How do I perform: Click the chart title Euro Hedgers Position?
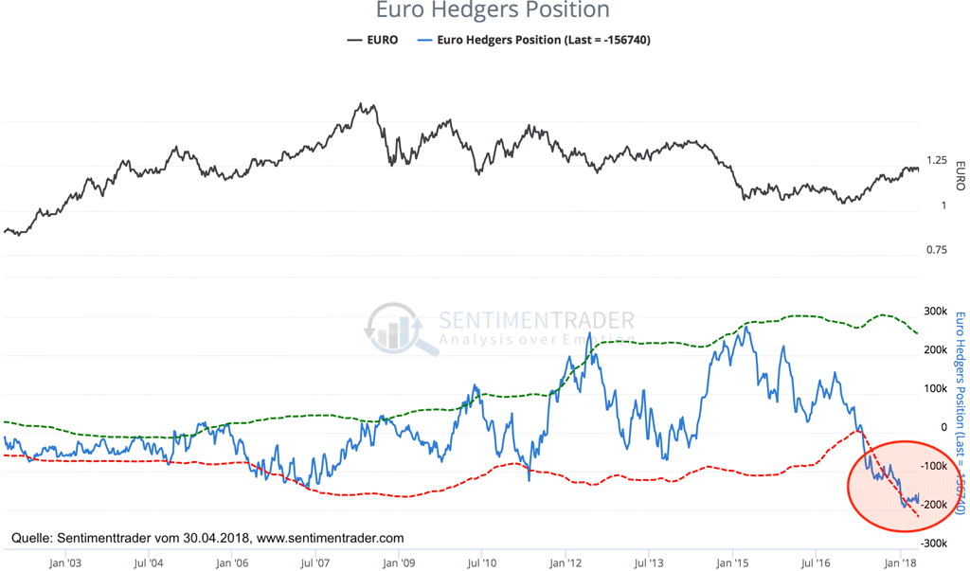coord(492,11)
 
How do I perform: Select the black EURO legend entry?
coord(373,40)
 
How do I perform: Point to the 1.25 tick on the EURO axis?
coord(937,161)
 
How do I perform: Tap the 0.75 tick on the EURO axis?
coord(936,250)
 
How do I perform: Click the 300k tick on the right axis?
coord(937,312)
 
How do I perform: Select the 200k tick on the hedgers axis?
coord(937,350)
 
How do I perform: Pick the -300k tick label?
coord(935,544)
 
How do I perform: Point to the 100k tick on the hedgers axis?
coord(937,389)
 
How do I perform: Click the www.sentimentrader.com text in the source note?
coord(331,538)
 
